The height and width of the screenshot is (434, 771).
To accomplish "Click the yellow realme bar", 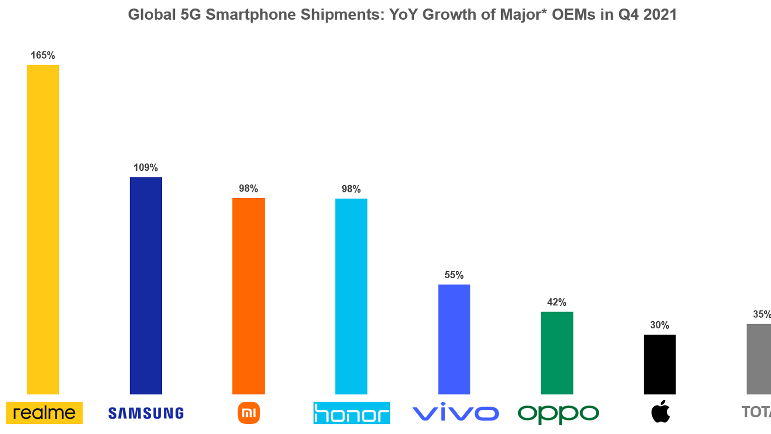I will [x=43, y=230].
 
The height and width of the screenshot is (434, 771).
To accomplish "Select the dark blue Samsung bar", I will [x=146, y=285].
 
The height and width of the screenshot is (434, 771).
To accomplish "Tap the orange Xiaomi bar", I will [x=248, y=296].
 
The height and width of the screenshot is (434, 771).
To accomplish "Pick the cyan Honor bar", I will [x=351, y=296].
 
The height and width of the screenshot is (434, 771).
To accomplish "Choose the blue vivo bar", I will [x=454, y=339].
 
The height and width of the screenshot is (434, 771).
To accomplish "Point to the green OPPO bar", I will [x=557, y=353].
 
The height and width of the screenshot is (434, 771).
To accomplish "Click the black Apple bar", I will [x=660, y=365].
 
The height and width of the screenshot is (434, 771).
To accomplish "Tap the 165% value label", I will [x=43, y=55].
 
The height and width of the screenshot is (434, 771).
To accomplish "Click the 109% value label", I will [x=146, y=168].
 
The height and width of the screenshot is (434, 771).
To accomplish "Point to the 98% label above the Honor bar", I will [x=351, y=189].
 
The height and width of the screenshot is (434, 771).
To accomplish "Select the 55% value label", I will [x=454, y=275].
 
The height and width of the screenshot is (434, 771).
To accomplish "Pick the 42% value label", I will [x=557, y=302].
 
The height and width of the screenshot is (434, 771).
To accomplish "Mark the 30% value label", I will [x=660, y=325].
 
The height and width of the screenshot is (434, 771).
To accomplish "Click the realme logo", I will [x=44, y=413].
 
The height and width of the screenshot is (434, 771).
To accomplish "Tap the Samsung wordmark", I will [x=146, y=413].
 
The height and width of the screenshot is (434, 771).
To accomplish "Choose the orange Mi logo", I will [x=249, y=413].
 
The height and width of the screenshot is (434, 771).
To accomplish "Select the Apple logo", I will [x=661, y=411].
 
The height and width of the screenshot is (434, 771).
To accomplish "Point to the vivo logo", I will [x=455, y=413].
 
